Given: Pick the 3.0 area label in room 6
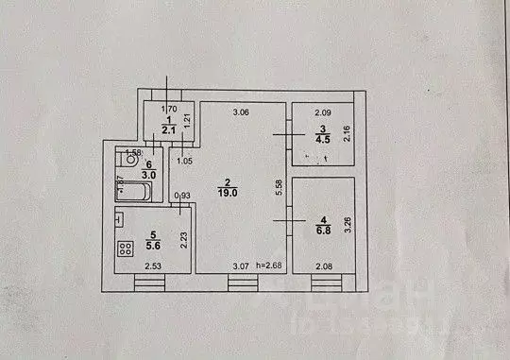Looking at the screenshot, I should [149, 174].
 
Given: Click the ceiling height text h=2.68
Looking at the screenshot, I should [269, 266].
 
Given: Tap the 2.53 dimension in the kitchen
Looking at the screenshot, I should [153, 266].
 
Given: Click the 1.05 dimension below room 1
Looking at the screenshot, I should [185, 161].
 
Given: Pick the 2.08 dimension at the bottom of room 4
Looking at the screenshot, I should [323, 266].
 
